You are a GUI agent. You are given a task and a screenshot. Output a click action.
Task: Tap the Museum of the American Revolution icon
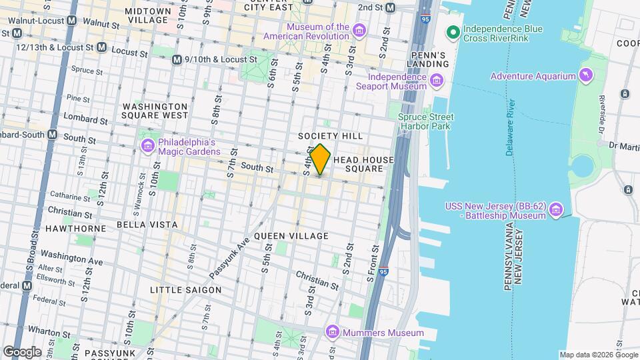[x=359, y=31]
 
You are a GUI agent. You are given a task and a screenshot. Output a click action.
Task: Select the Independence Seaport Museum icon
[x=437, y=81]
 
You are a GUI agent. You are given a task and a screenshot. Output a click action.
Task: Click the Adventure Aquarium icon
[x=585, y=75]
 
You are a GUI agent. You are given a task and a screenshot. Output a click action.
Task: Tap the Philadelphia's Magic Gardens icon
[x=147, y=146]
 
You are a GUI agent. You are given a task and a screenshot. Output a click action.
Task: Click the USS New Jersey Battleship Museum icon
[x=555, y=211]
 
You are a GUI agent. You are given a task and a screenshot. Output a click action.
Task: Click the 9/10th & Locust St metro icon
[x=177, y=59]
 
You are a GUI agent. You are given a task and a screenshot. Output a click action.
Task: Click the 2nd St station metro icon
[x=391, y=7]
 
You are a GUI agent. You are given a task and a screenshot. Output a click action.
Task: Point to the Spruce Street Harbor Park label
[x=424, y=121]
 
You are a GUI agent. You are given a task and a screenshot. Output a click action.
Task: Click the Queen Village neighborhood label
[x=291, y=236]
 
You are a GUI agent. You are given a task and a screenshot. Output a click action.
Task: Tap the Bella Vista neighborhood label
[x=147, y=225]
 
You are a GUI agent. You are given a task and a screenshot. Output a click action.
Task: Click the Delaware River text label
[x=511, y=128]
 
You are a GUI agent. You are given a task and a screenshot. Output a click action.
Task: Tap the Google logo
[x=22, y=351]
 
